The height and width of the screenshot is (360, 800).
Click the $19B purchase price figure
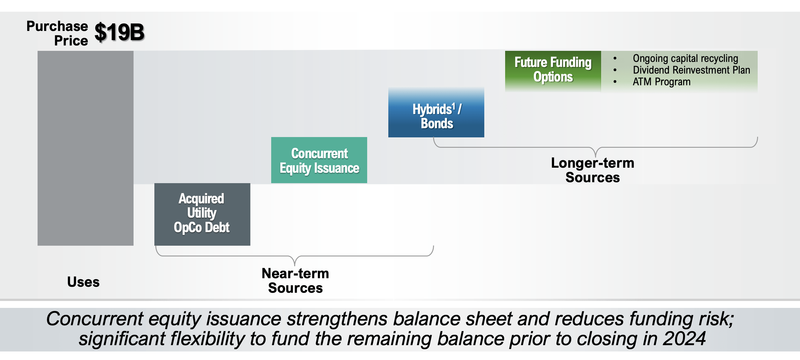click(x=119, y=32)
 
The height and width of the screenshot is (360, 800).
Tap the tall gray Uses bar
click(x=85, y=148)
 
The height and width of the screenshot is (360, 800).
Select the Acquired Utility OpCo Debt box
click(x=202, y=214)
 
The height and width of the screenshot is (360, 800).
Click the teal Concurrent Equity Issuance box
click(x=319, y=160)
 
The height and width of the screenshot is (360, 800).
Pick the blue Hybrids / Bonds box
click(x=436, y=112)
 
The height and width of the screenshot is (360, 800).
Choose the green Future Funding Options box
click(x=553, y=70)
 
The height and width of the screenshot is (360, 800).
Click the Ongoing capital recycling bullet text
click(x=685, y=58)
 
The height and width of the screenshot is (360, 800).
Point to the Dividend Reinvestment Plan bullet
click(x=691, y=70)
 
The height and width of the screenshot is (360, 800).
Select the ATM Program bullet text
click(x=661, y=82)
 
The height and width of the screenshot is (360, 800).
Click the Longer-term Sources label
click(x=593, y=170)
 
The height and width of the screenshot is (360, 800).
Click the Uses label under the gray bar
click(x=83, y=282)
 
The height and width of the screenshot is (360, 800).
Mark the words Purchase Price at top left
click(x=57, y=33)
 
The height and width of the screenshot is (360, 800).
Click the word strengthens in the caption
click(x=337, y=319)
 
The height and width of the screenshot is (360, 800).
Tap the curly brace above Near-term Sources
click(x=295, y=256)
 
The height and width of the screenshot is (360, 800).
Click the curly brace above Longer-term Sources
click(x=595, y=147)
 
